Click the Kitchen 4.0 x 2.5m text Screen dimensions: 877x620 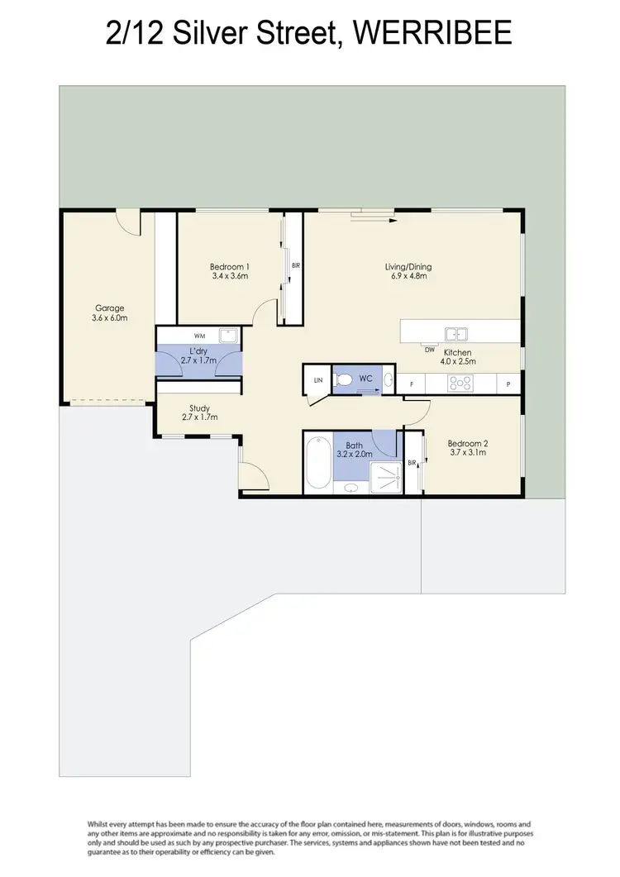tap(455, 357)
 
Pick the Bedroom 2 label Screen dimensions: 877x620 tap(467, 446)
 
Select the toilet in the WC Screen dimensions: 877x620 tap(345, 380)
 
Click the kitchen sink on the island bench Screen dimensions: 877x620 tap(455, 334)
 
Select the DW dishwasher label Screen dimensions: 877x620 tap(429, 349)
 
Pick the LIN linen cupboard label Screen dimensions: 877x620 tap(317, 380)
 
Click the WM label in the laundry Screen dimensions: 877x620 tap(198, 336)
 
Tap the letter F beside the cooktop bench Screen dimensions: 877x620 tap(411, 384)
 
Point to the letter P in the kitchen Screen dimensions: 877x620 tap(508, 384)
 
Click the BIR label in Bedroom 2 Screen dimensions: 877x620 tap(412, 464)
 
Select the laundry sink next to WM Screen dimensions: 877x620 tap(227, 336)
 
